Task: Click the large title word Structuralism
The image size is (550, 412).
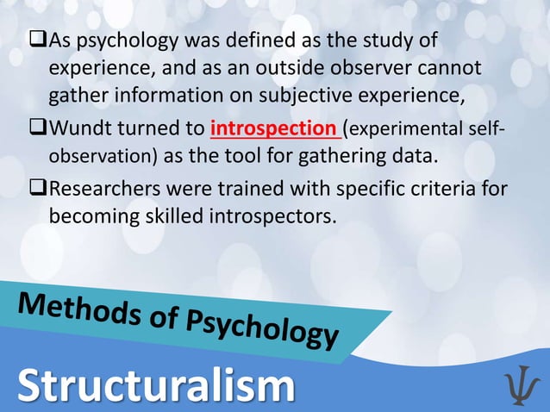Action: pos(155,386)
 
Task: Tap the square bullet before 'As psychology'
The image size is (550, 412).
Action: pos(38,41)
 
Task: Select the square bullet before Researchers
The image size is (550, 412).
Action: pos(38,188)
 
